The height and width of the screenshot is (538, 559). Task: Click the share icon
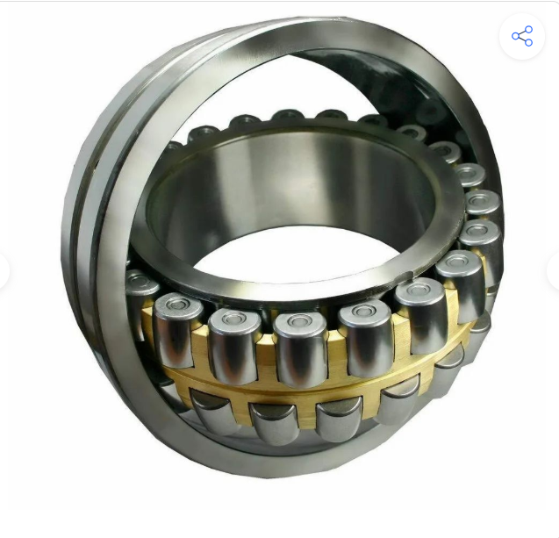coord(522,36)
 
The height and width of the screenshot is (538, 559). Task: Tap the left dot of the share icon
coord(516,36)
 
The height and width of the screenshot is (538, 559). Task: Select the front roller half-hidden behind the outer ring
coord(140,303)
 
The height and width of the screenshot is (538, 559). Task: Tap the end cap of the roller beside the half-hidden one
coord(177,307)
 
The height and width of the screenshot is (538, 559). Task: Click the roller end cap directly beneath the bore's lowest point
coord(299,321)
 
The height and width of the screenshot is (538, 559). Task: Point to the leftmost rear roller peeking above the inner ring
coord(204,134)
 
